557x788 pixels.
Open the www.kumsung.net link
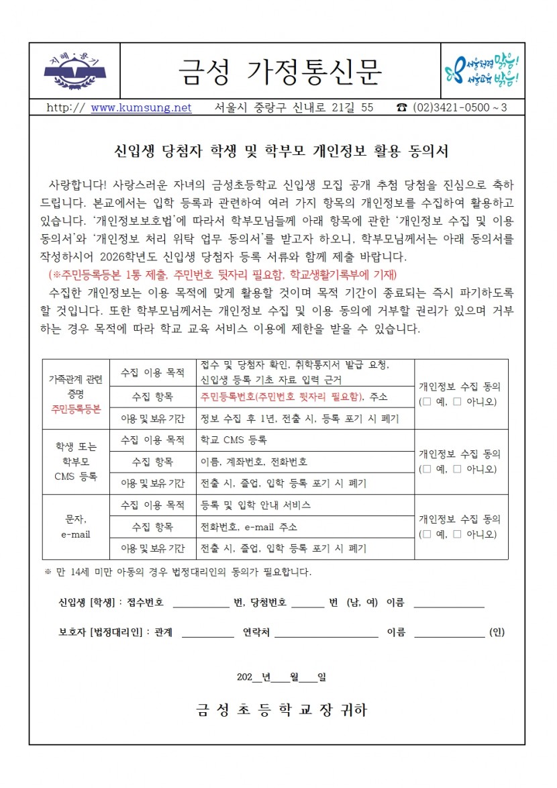tap(141, 108)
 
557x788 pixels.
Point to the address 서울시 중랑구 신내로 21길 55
tap(295, 108)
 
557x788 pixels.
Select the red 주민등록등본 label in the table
tap(75, 408)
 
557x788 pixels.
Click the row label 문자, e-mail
tap(75, 527)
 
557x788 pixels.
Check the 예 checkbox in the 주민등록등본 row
tap(427, 402)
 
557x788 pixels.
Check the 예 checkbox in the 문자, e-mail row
tap(427, 534)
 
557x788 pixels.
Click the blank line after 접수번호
tap(201, 603)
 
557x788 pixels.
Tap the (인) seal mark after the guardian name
tap(497, 632)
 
